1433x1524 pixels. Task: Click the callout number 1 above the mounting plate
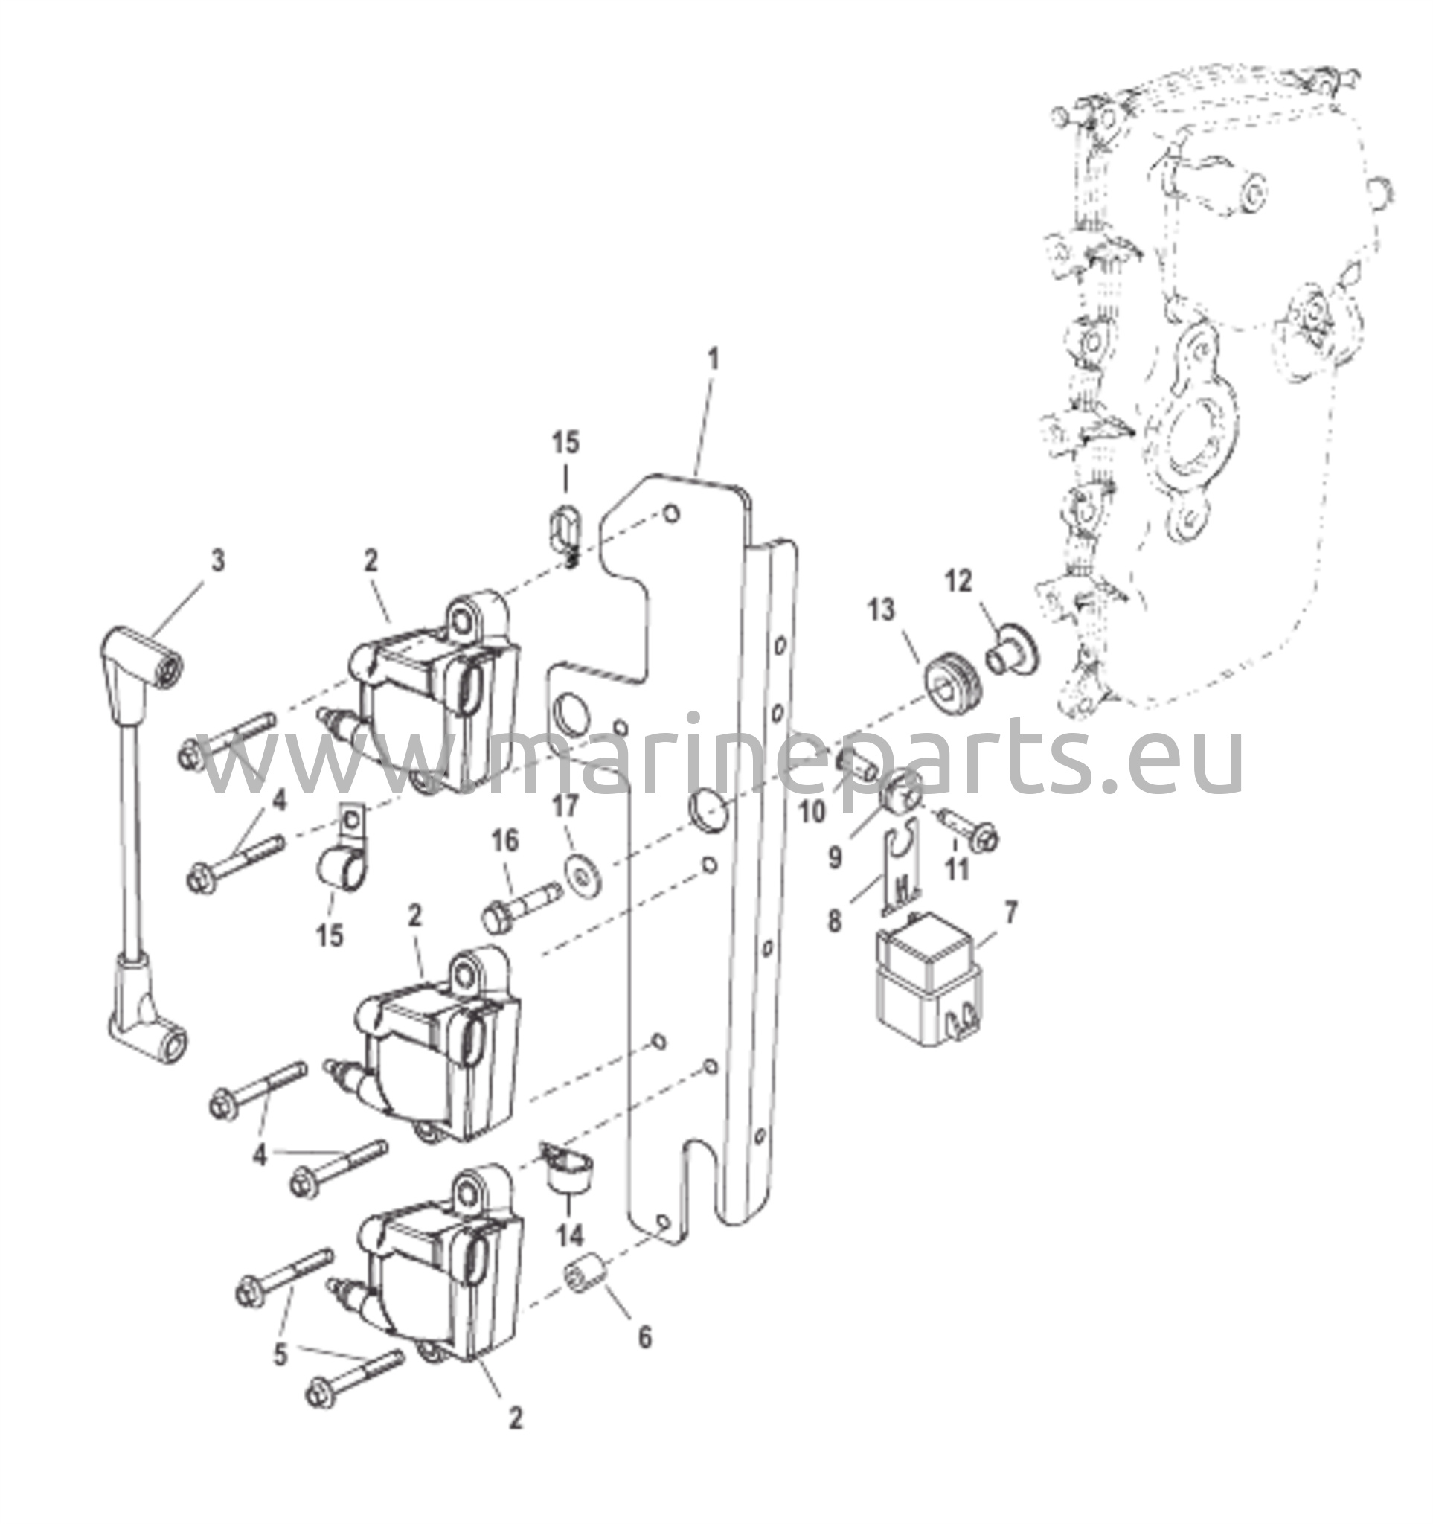point(714,359)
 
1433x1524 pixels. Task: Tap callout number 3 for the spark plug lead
point(219,561)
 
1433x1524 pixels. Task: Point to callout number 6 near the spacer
point(644,1338)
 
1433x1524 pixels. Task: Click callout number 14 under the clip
point(569,1235)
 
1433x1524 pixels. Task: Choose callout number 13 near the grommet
point(881,611)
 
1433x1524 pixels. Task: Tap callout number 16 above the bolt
point(505,841)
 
